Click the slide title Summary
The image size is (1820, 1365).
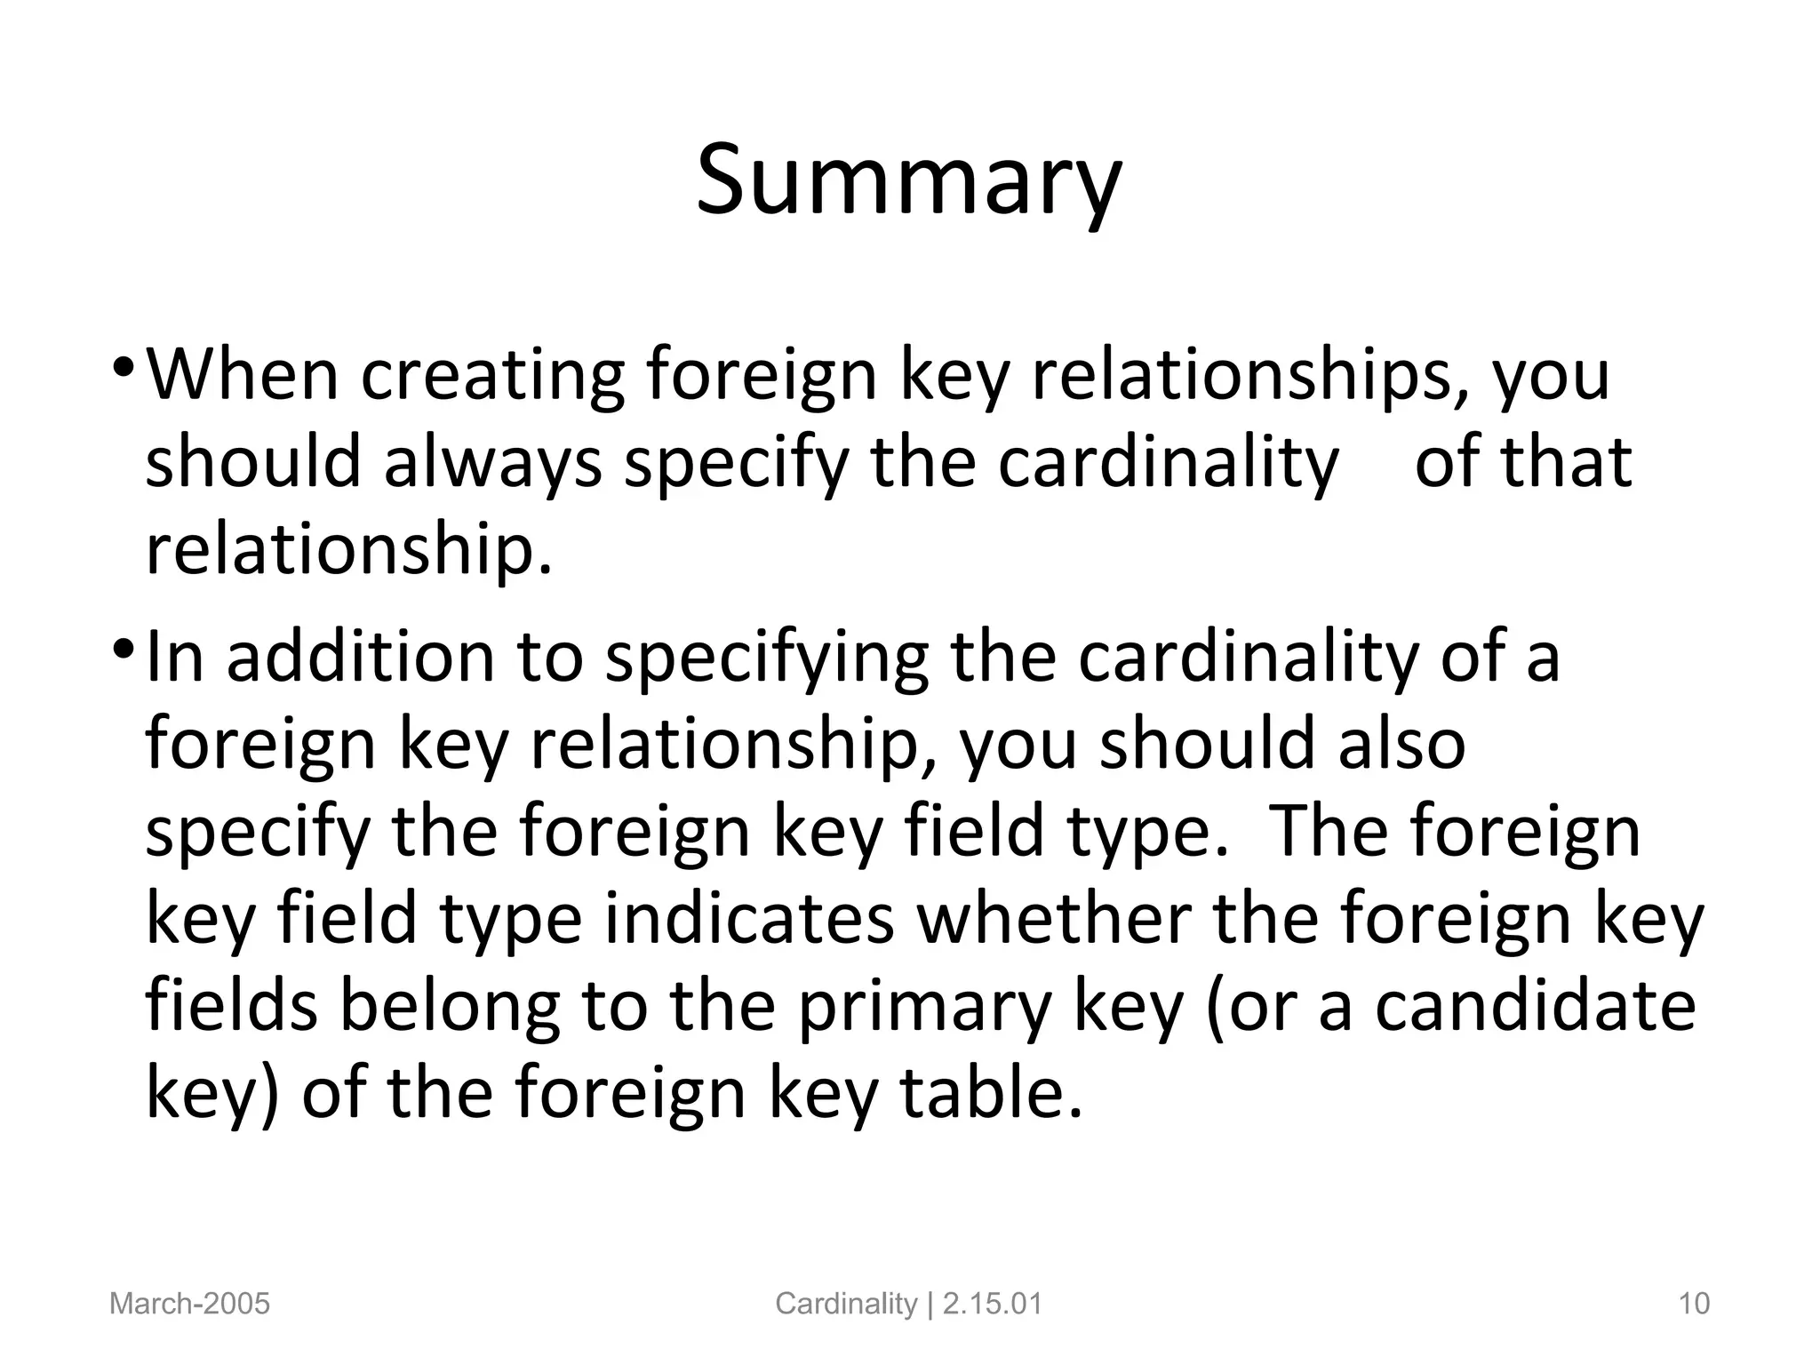click(x=908, y=181)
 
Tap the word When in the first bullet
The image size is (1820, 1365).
click(x=242, y=374)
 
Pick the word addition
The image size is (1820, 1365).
click(x=360, y=656)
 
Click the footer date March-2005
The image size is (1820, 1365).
click(x=189, y=1304)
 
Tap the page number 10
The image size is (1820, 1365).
click(x=1694, y=1304)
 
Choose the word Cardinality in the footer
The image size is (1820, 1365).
click(x=846, y=1304)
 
